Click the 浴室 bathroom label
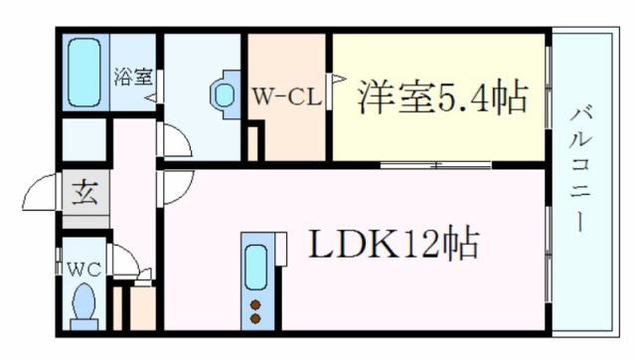point(132,75)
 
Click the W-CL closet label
point(284,95)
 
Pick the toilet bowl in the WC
point(85,300)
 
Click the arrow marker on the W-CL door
point(336,77)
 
